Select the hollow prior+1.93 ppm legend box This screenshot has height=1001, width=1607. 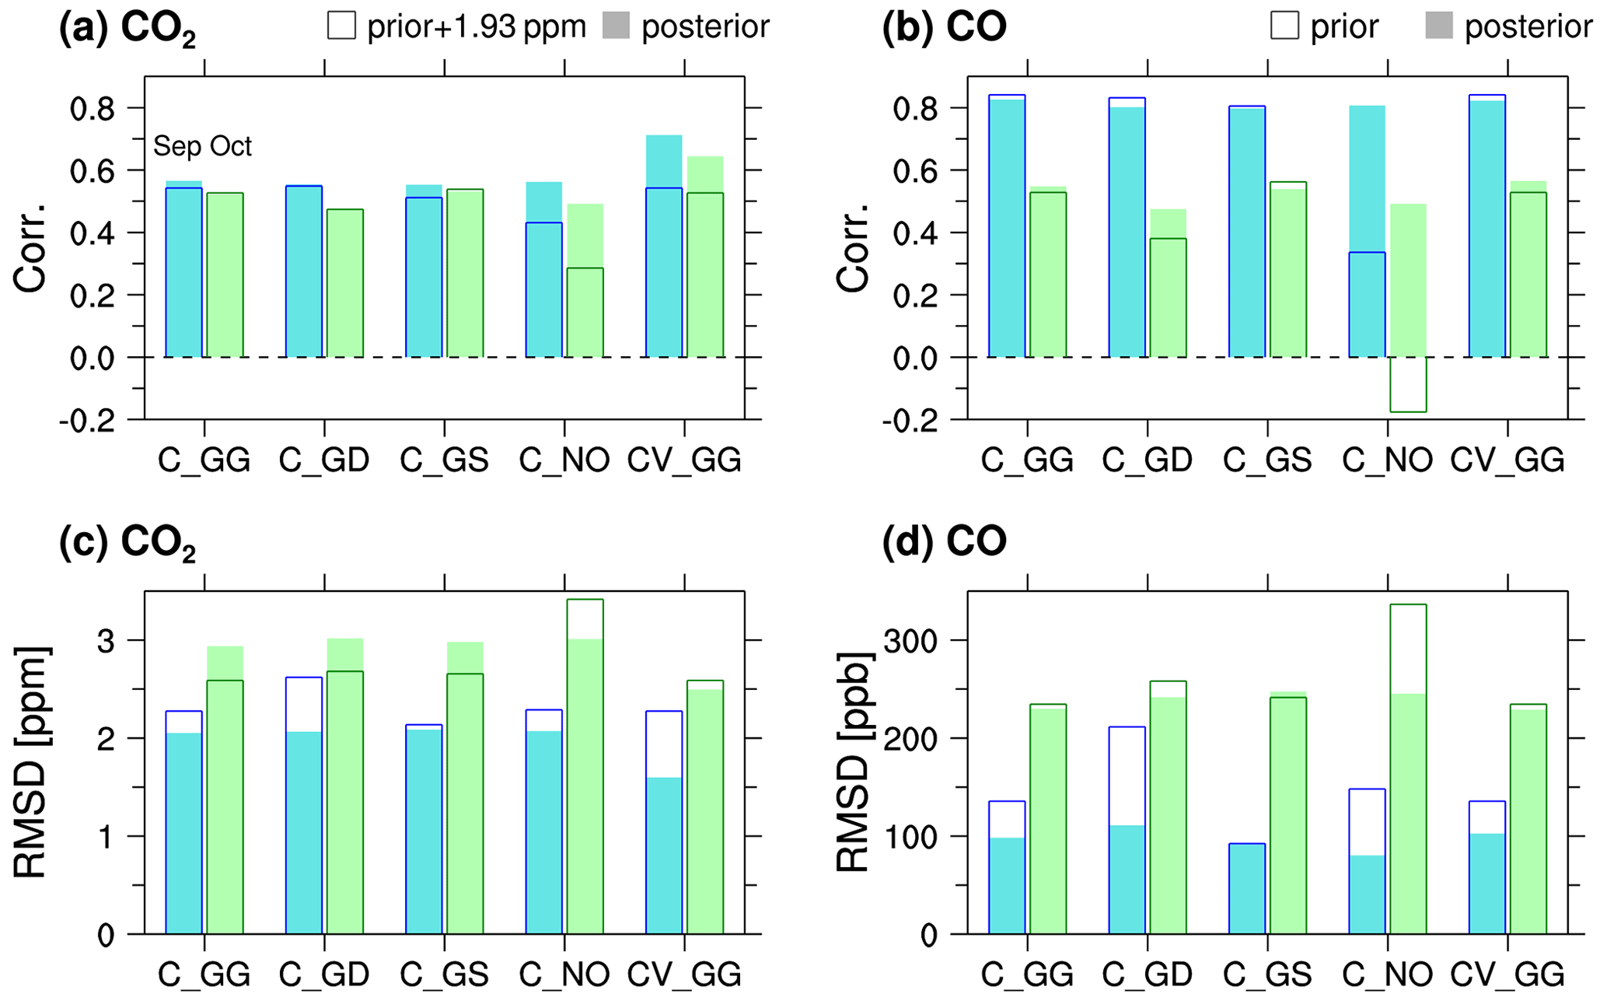coord(342,26)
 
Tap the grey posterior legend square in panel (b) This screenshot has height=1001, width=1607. coord(1439,26)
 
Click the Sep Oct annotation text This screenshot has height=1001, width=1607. coord(202,146)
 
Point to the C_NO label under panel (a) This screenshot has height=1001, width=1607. coord(564,460)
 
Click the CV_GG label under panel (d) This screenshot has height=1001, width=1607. coord(1507,975)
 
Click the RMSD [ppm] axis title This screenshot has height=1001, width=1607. coord(31,762)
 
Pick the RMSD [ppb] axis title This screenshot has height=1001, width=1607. coord(853,762)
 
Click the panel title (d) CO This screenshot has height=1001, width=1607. coord(944,541)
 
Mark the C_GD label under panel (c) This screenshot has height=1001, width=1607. coord(324,975)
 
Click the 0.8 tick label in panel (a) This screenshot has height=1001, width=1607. coord(92,109)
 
